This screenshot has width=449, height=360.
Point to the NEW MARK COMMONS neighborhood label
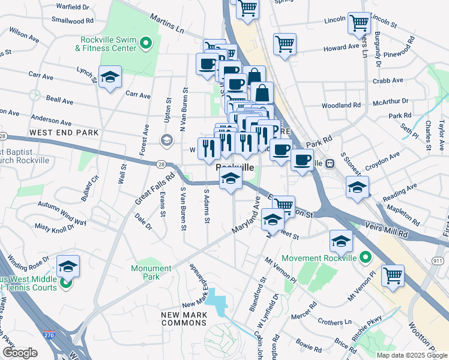[184, 319]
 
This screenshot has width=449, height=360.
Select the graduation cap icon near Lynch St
[110, 77]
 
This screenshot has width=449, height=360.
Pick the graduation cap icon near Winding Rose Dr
[68, 266]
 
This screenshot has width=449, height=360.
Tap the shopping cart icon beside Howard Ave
[284, 43]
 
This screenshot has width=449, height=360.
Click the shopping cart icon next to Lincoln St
[358, 23]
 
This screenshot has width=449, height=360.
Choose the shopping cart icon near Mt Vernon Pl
[393, 276]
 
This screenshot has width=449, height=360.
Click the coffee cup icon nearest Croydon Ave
[302, 160]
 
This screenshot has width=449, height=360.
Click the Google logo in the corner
[20, 353]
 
